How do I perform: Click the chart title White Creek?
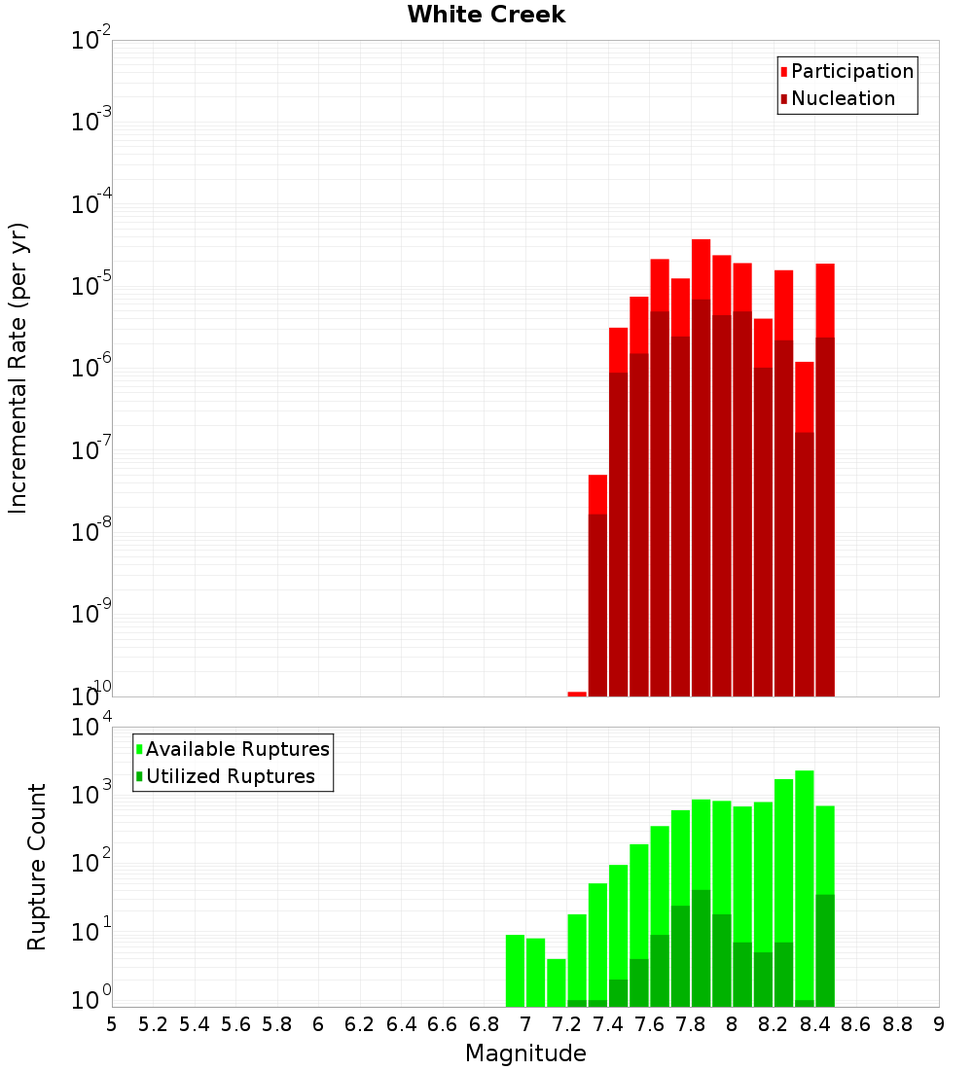[x=486, y=15]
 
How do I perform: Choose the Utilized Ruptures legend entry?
[x=230, y=776]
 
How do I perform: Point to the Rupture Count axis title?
[x=37, y=866]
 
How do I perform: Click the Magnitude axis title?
[x=525, y=1053]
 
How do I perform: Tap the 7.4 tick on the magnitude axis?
[x=608, y=1024]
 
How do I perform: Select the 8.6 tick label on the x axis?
[x=856, y=1024]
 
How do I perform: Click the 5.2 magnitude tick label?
[x=153, y=1024]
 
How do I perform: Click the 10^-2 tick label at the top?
[x=92, y=41]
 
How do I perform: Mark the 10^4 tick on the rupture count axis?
[x=92, y=728]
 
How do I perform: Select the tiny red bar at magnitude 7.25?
[x=577, y=694]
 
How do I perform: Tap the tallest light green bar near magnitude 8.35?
[x=805, y=875]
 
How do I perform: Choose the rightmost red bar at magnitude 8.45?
[x=825, y=301]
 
